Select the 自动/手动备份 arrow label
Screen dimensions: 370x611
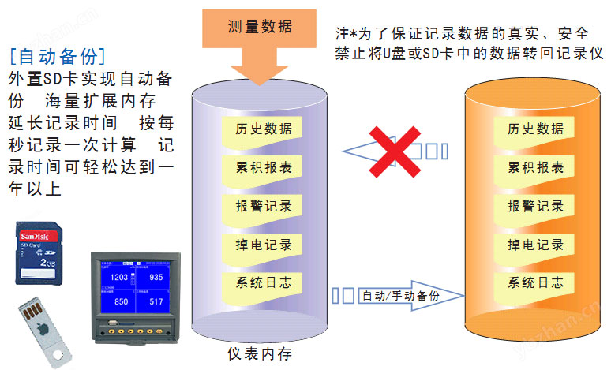click(x=410, y=296)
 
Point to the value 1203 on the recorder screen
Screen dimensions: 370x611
click(x=119, y=278)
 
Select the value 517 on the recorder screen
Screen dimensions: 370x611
click(x=156, y=301)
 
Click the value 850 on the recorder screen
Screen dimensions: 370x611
click(x=120, y=301)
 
